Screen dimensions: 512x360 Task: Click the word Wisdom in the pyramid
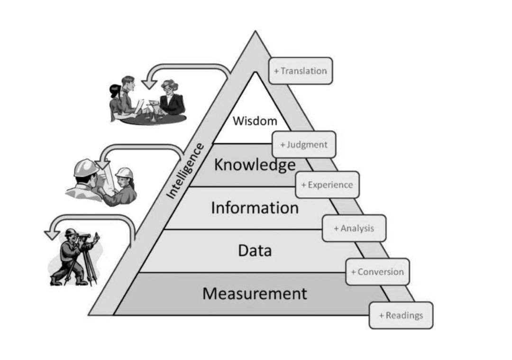255,121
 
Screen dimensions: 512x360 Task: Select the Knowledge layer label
255,165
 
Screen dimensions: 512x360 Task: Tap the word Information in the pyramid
255,208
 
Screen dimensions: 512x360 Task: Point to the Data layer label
255,250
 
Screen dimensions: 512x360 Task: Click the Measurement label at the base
255,293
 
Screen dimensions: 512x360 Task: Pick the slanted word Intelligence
185,171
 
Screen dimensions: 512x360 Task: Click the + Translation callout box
301,71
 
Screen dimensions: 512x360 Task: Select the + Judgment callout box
304,145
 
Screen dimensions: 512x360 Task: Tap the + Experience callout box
327,185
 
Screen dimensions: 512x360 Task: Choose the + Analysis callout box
354,228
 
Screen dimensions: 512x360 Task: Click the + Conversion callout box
377,272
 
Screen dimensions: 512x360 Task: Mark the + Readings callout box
401,315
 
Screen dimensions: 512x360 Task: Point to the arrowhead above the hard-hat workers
103,164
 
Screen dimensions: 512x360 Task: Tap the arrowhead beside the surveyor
52,234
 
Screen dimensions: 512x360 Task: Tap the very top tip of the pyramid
256,31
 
